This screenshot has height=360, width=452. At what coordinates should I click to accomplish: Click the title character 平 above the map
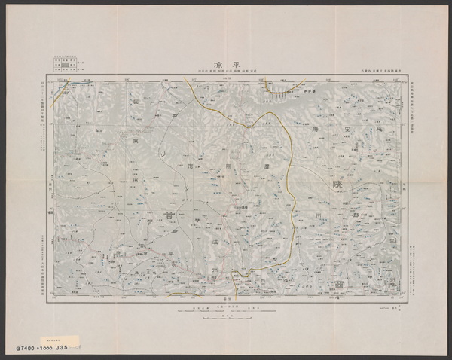[x=237, y=66]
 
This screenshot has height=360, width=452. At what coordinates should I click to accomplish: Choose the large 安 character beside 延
[x=359, y=130]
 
